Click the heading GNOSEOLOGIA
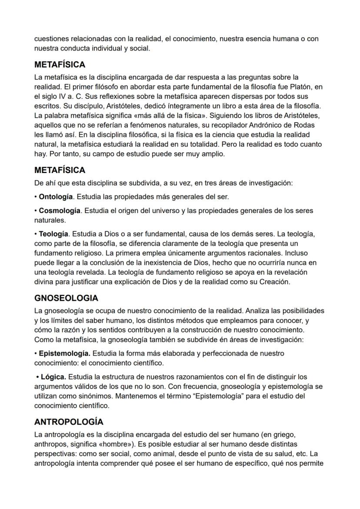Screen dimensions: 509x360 [66, 298]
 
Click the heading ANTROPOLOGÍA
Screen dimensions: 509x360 [69, 422]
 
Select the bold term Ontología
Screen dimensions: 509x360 [56, 197]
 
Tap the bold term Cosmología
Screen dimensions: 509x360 [60, 211]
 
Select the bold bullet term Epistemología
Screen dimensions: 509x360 [64, 353]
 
